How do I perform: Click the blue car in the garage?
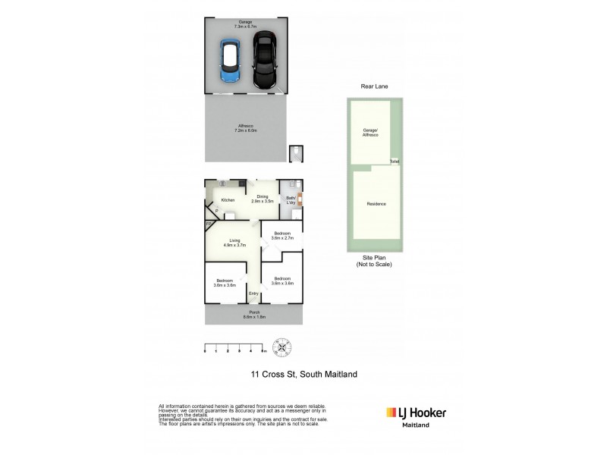230,61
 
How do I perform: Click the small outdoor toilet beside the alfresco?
295,154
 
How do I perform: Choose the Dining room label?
263,199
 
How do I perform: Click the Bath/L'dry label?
290,199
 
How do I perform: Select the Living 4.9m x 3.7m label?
235,243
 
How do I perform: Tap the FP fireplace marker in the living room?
209,225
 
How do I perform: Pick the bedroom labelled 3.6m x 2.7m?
281,236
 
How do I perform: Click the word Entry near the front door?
253,294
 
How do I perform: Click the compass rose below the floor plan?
282,348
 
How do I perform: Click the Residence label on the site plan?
376,204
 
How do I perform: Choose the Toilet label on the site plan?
394,162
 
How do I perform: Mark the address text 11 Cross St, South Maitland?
303,374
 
